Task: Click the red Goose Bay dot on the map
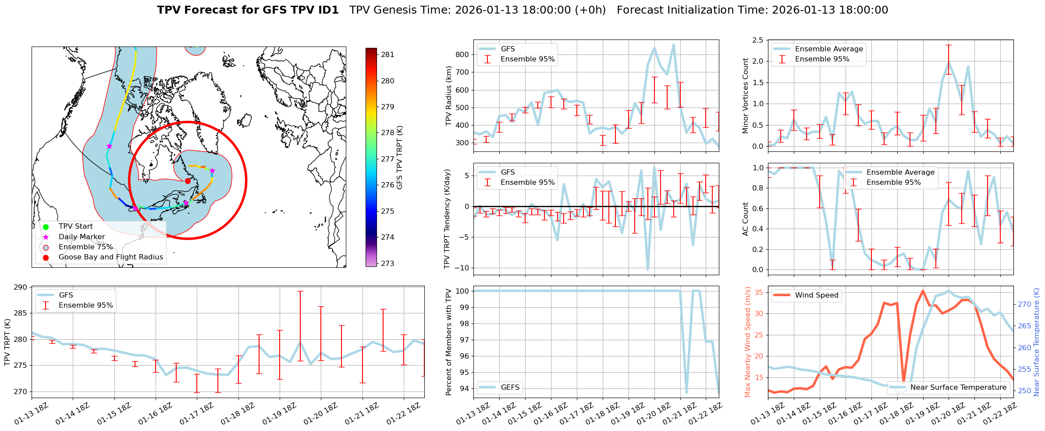click(x=188, y=181)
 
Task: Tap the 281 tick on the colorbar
click(x=387, y=55)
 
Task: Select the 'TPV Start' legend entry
click(x=75, y=226)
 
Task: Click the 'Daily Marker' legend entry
click(x=82, y=237)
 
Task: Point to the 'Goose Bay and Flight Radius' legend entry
click(x=110, y=257)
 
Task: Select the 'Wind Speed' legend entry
click(x=816, y=295)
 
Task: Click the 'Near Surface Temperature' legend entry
click(x=958, y=388)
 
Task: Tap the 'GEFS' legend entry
click(x=510, y=388)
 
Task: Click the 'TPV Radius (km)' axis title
click(x=448, y=96)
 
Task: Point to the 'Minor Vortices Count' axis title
click(x=745, y=96)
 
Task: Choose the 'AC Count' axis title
click(x=745, y=219)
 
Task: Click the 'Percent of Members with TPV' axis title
click(x=448, y=342)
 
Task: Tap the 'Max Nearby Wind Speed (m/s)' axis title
click(x=747, y=342)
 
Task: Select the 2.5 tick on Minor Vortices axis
click(x=757, y=40)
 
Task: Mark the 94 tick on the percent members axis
click(x=464, y=389)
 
